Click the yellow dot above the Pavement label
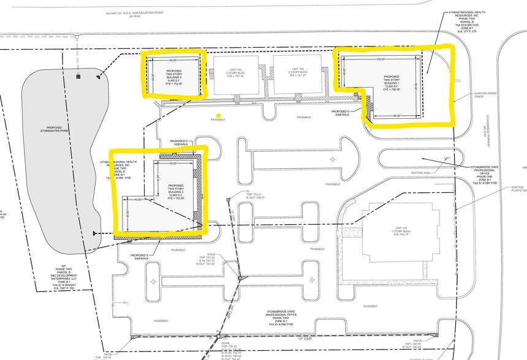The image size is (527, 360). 218,115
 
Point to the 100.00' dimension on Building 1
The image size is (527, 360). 381,59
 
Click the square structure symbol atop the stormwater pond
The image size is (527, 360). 78,77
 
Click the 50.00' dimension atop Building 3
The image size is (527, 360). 173,163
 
